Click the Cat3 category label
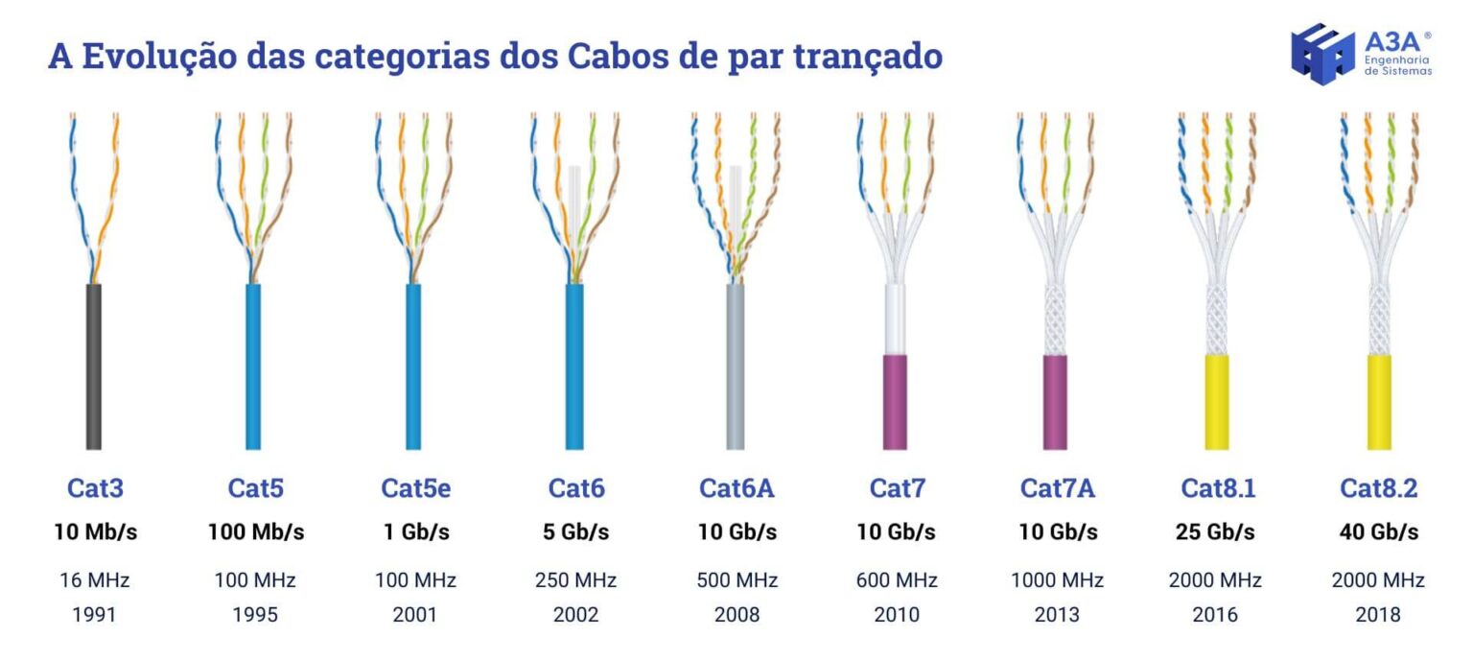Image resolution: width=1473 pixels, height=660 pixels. click(x=95, y=488)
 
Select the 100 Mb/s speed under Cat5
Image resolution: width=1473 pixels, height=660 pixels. click(x=256, y=531)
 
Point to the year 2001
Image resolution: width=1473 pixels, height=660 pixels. click(x=415, y=614)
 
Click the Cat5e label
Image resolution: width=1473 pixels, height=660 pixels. click(x=415, y=488)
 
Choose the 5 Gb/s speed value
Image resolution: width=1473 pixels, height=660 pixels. click(x=575, y=531)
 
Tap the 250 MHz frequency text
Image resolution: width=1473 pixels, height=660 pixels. click(x=575, y=580)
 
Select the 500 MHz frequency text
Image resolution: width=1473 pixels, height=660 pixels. click(x=736, y=580)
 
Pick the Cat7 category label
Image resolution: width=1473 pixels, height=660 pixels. click(x=897, y=488)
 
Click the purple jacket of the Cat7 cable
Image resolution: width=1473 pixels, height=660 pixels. click(x=896, y=402)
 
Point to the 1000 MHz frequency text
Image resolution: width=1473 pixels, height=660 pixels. click(x=1057, y=580)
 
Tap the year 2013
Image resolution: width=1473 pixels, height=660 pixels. click(x=1057, y=614)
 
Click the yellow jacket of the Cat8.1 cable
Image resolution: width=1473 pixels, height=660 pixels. click(x=1217, y=402)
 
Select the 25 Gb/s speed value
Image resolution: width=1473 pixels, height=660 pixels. click(x=1215, y=531)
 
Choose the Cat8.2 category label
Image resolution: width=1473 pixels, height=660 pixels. click(x=1378, y=488)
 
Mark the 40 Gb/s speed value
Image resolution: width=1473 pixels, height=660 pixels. click(x=1378, y=531)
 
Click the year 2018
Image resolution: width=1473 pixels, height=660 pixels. click(x=1378, y=614)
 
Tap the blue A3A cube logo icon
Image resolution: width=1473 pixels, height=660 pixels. click(x=1322, y=54)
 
